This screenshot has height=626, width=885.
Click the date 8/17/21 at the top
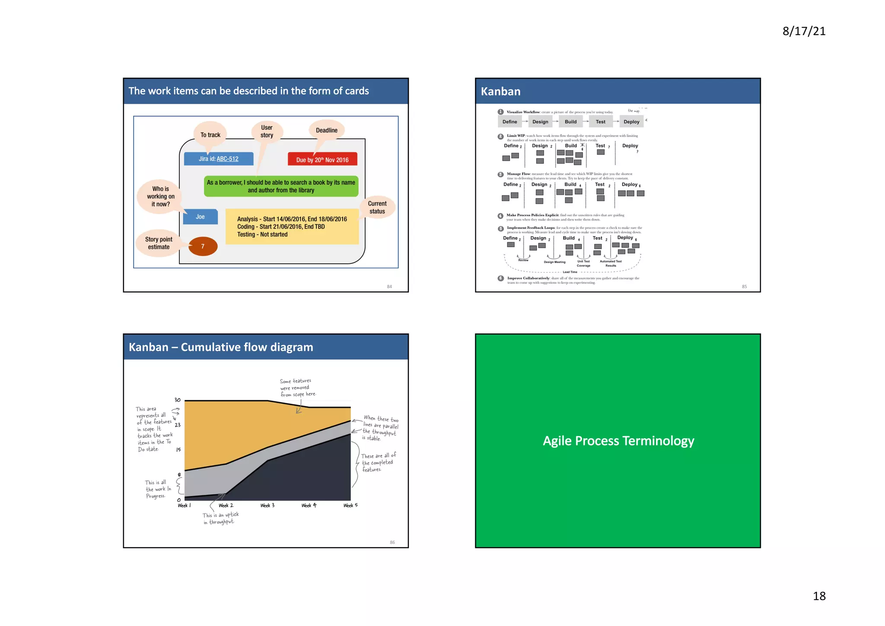(x=804, y=31)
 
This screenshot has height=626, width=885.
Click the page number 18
(x=819, y=596)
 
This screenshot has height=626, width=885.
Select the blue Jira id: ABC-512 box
(x=219, y=159)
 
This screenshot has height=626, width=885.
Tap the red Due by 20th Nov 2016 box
(x=322, y=160)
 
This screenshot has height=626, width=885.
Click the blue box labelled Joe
(x=200, y=217)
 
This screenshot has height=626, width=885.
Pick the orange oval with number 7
(x=203, y=246)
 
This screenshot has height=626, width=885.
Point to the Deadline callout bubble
(x=327, y=130)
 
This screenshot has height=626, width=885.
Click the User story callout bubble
(x=267, y=131)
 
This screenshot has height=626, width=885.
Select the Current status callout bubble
(x=377, y=207)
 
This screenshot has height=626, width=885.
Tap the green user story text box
(x=281, y=186)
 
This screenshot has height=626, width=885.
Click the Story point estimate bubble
(x=159, y=243)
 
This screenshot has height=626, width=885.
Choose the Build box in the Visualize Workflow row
(x=570, y=122)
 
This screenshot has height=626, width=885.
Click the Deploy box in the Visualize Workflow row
(x=631, y=122)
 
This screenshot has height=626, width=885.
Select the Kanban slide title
(x=500, y=91)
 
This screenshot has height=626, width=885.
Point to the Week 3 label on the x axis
(x=267, y=505)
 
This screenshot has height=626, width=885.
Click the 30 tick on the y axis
(x=177, y=400)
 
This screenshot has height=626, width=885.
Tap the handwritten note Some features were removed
(x=297, y=388)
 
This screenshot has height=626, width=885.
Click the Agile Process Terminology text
(x=618, y=441)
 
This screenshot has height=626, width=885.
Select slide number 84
(x=389, y=286)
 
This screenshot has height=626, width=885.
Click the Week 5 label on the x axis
(x=350, y=505)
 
